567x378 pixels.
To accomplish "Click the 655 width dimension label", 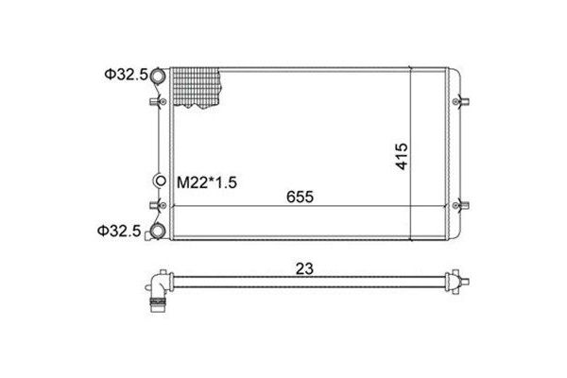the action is click(300, 197).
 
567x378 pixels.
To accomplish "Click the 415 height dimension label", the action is click(402, 156).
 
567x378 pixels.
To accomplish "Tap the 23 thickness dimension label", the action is click(304, 268).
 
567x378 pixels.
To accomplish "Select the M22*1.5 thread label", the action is click(206, 182).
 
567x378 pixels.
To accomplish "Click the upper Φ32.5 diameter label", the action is click(127, 75).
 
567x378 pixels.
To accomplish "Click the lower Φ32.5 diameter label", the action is click(119, 231).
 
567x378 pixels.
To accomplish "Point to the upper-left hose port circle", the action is click(158, 76).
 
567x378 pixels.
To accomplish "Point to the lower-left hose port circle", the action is click(157, 232).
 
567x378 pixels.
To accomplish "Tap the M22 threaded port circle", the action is click(161, 180).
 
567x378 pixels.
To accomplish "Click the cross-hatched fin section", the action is click(197, 88).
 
